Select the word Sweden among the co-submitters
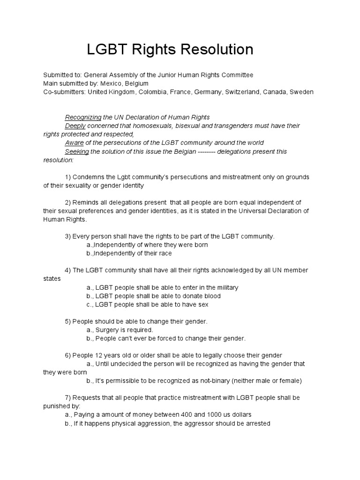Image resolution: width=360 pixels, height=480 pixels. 302,92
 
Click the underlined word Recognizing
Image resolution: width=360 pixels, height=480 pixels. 83,117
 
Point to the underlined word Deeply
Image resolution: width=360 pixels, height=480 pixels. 75,126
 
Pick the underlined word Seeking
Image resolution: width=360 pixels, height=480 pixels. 77,151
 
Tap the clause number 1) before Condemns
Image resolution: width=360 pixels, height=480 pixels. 67,177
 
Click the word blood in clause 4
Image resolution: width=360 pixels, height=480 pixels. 211,296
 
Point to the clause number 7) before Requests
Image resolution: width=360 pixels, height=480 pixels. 67,397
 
